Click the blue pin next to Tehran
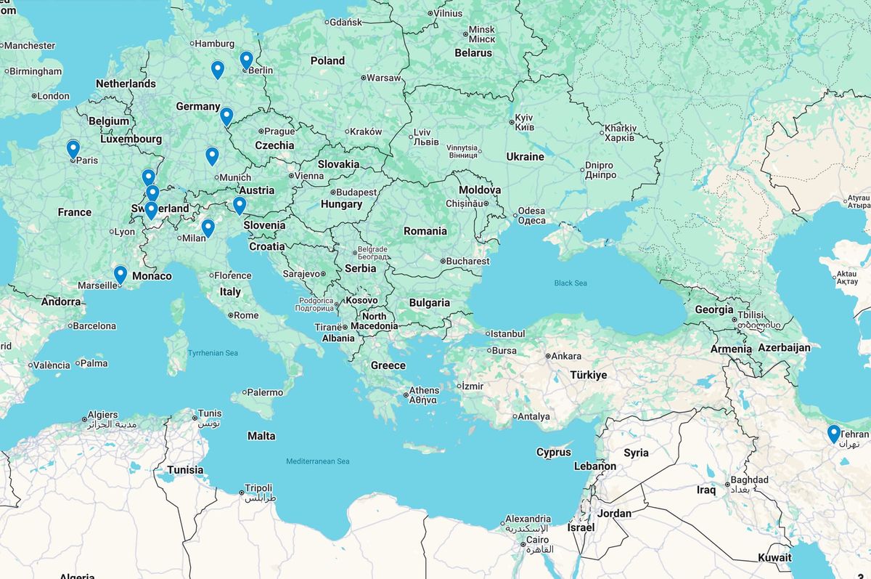pos(833,433)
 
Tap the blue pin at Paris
pos(73,148)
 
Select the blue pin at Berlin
pos(246,60)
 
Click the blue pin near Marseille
pos(120,274)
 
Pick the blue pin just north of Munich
pos(212,155)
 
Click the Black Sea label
pos(570,283)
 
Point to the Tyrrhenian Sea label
pos(213,353)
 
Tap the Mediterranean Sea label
pos(317,461)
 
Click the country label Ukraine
pos(525,157)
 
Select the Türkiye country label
pos(588,375)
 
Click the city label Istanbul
pos(507,333)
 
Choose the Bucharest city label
pos(468,261)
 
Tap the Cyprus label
pos(553,452)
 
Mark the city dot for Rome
pos(230,315)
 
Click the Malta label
pos(261,436)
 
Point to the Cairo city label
pos(537,540)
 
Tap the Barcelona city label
pos(94,326)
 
